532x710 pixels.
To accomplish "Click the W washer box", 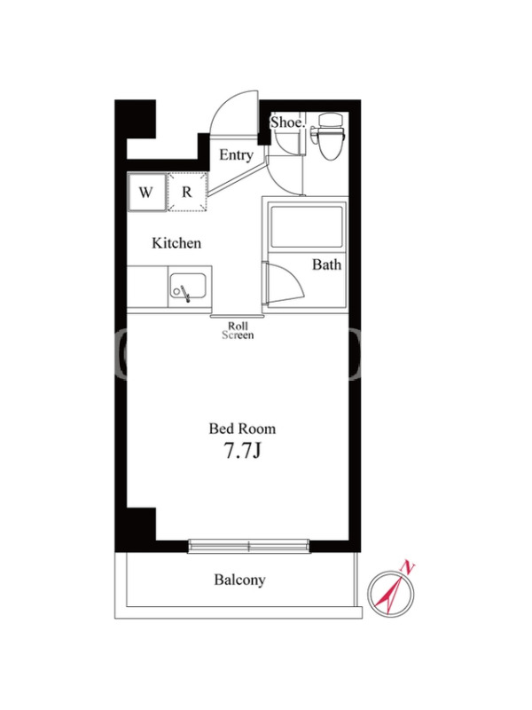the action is tap(145, 192).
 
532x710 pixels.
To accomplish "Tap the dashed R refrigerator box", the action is tap(187, 192).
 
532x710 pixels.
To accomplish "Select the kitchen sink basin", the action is tap(188, 287).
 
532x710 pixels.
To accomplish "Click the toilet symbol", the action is tap(330, 136).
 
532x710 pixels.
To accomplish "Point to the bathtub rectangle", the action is tap(307, 225).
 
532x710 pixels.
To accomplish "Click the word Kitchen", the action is tap(176, 243).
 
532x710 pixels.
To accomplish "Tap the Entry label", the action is tap(236, 155).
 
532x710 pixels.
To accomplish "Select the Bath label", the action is tap(326, 264).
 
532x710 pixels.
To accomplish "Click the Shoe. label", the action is tap(287, 122).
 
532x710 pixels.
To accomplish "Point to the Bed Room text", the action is tap(242, 429).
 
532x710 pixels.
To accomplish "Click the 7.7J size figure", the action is tap(242, 452).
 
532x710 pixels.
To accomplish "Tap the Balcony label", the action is tap(239, 580).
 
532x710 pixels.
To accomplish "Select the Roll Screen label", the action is tap(238, 330).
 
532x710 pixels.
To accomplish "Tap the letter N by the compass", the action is tap(409, 567).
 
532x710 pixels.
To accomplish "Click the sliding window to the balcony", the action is tap(249, 546).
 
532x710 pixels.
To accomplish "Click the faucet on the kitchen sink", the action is tap(185, 294).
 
